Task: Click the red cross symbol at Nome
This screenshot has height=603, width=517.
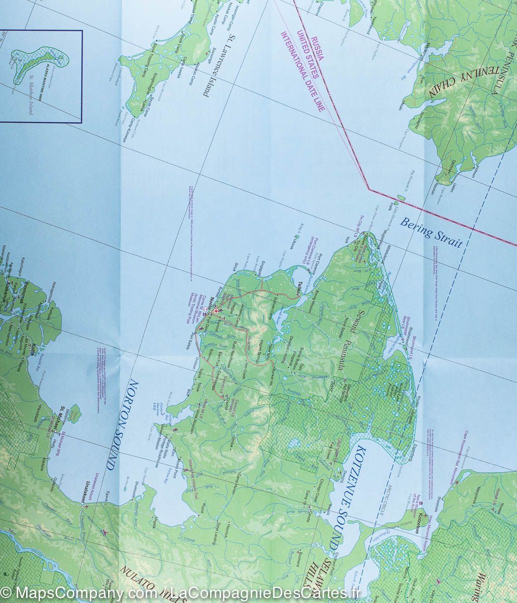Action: click(216, 312)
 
